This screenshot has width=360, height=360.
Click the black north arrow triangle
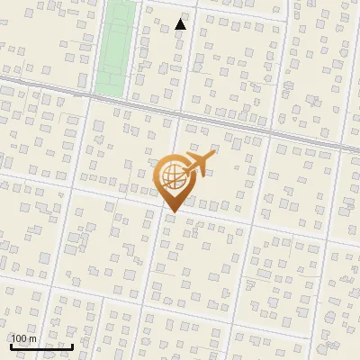[x=181, y=24]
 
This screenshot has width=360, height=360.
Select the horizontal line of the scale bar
[x=41, y=346]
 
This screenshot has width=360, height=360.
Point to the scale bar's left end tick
[x=11, y=345]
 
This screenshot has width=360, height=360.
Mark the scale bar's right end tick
[x=73, y=345]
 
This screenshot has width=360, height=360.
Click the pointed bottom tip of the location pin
[x=171, y=211]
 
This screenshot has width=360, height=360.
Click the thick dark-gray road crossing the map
[x=225, y=120]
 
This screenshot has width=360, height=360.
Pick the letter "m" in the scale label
[x=32, y=338]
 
